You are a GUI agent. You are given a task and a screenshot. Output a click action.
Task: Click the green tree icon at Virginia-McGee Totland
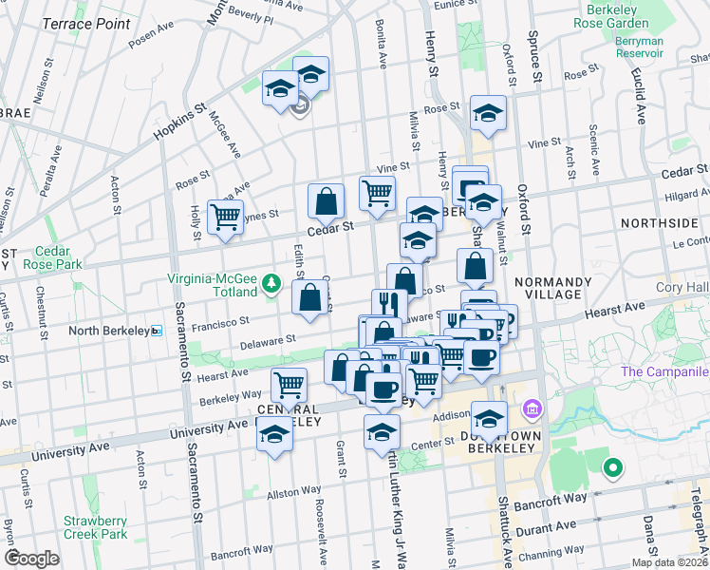(273, 281)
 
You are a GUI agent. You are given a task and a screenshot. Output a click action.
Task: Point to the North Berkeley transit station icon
(158, 331)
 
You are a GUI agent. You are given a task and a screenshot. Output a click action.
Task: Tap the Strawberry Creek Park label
(95, 527)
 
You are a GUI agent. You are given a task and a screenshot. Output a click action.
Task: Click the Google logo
(31, 559)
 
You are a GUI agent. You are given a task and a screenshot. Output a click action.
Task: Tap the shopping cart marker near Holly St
(225, 216)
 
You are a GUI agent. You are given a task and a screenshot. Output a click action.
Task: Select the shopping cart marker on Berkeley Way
(289, 385)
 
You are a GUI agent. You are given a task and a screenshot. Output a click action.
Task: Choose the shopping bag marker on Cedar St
(326, 200)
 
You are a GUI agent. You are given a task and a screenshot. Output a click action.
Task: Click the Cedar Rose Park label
(57, 257)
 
